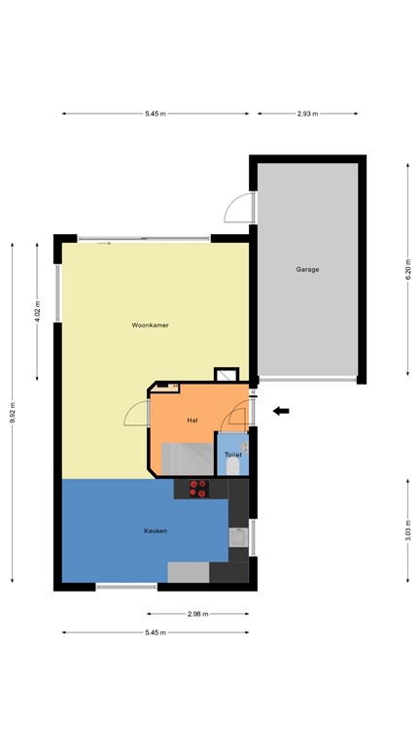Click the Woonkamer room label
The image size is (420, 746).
click(x=151, y=324)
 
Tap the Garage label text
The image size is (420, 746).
click(x=307, y=269)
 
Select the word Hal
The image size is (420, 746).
click(x=192, y=420)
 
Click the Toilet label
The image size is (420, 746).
click(x=232, y=454)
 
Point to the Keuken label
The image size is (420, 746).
click(x=155, y=530)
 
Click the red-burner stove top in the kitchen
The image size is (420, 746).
click(x=198, y=489)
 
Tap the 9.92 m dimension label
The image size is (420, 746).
click(x=13, y=412)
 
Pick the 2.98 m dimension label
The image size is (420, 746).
click(x=198, y=614)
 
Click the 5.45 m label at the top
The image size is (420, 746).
click(x=155, y=114)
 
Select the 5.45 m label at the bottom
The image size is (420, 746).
click(x=155, y=632)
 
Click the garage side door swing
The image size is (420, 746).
click(x=238, y=207)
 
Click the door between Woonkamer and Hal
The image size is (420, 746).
click(x=138, y=415)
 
